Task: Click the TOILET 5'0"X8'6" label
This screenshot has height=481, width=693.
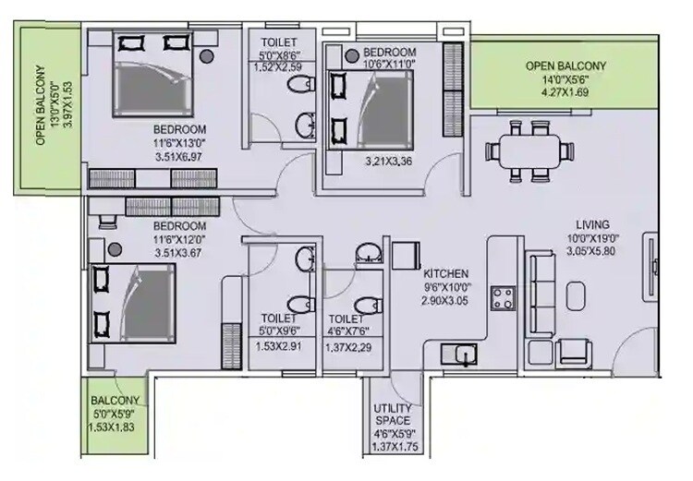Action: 280,42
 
